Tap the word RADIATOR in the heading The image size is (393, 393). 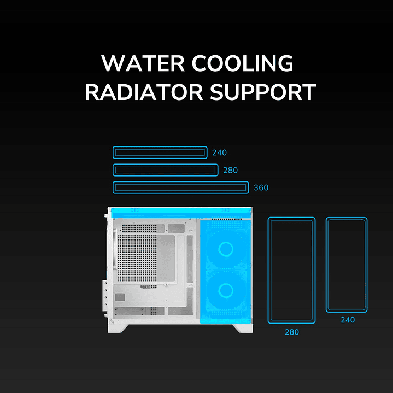click(x=137, y=92)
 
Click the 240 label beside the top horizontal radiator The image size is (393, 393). click(x=219, y=153)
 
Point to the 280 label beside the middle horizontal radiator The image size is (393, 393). click(x=230, y=171)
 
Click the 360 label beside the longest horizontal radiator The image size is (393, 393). click(x=261, y=188)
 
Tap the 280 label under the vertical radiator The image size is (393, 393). click(x=291, y=332)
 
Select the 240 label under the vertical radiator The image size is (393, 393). click(x=347, y=320)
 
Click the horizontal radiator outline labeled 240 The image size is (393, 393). click(x=160, y=152)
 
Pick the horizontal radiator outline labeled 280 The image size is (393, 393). click(x=165, y=170)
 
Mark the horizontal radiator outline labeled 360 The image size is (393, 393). click(x=180, y=187)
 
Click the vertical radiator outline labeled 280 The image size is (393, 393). click(x=291, y=270)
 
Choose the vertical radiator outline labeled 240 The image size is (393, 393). click(x=347, y=265)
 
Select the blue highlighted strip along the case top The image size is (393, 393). click(x=180, y=213)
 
